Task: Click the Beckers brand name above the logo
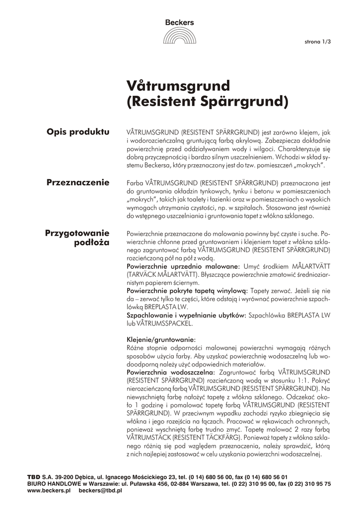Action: [180, 22]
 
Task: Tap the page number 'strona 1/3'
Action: [317, 42]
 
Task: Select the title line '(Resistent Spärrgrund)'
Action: [208, 102]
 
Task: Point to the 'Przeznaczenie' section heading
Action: [77, 182]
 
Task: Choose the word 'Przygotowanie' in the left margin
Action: [77, 232]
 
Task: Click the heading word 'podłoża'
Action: [91, 243]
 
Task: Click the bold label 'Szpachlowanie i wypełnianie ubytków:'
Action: [186, 315]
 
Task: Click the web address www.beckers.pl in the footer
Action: [49, 490]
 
